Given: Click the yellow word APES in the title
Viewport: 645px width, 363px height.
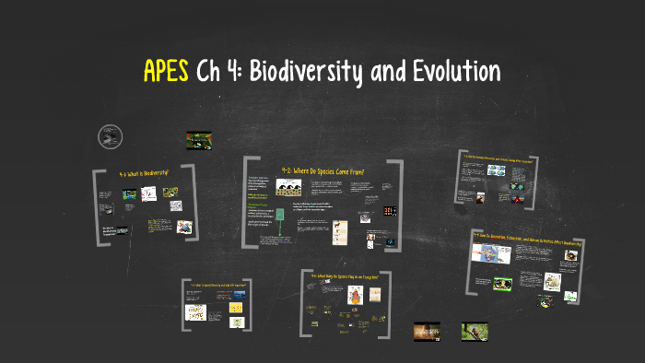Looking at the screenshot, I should point(167,71).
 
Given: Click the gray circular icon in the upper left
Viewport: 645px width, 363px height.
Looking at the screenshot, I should point(110,138).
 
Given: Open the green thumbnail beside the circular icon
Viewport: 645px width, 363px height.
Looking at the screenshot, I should point(199,140).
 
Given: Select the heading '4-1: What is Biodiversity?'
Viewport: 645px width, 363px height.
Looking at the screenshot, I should point(146,173).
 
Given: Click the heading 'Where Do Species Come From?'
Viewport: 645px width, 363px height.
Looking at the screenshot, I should point(326,170).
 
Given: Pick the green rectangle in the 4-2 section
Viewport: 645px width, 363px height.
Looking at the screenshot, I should point(278,216).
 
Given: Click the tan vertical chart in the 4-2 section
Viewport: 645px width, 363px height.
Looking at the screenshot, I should point(340,227).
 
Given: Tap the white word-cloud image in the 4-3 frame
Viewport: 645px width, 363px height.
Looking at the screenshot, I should point(196,312).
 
